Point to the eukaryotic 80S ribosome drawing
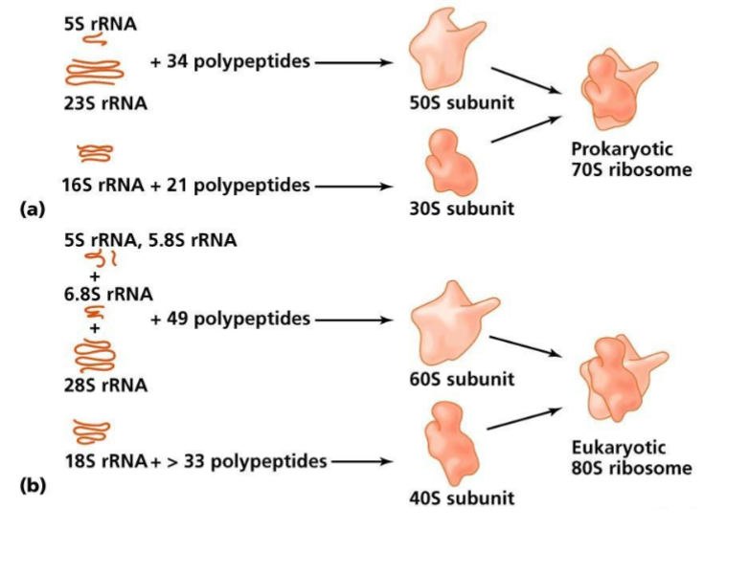tap(621, 377)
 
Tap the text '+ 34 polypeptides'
tap(230, 63)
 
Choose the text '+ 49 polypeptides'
tap(230, 319)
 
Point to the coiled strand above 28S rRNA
tap(93, 355)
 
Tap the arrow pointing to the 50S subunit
tap(355, 63)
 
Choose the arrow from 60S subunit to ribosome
tap(524, 345)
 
